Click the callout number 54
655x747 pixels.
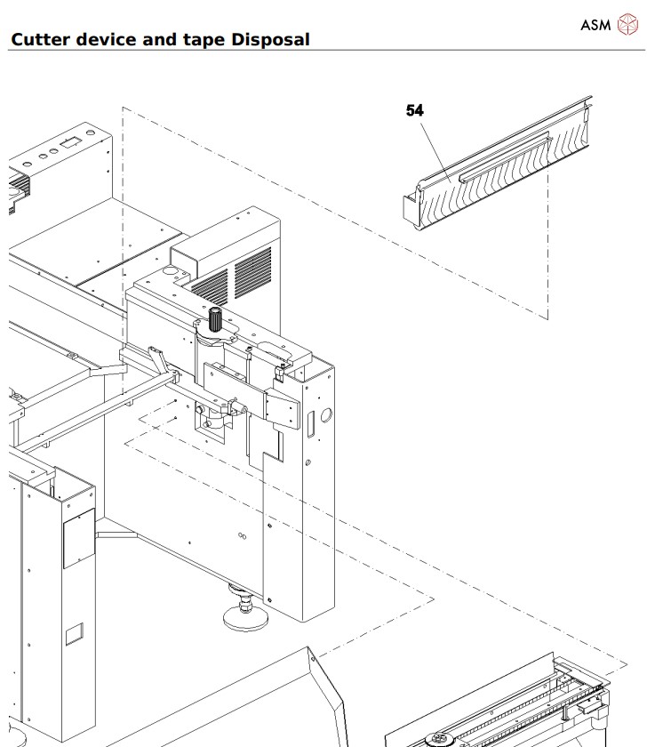[415, 110]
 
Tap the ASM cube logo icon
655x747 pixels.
[628, 25]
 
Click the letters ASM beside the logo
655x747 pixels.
[595, 25]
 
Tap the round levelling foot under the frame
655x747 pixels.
[239, 614]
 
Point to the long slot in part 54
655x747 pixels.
[505, 157]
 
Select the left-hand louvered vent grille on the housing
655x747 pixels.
[211, 285]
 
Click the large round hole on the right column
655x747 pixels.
[325, 414]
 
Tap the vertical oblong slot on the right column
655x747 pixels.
[311, 424]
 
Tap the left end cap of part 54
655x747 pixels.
[409, 210]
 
